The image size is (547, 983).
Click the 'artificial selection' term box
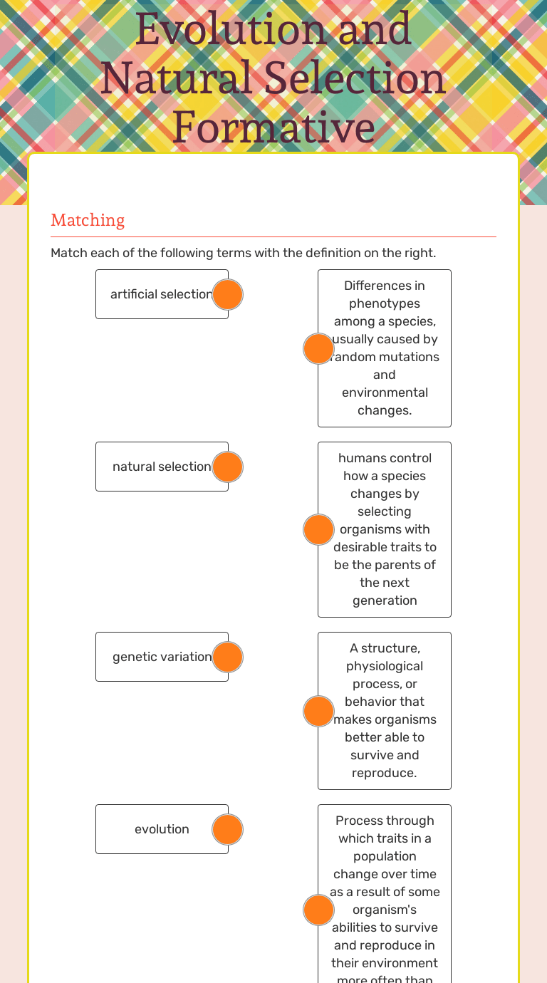pyautogui.click(x=157, y=294)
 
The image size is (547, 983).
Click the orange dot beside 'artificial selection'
pyautogui.click(x=228, y=294)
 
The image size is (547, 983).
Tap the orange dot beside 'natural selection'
pyautogui.click(x=228, y=467)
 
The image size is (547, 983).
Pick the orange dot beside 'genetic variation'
pyautogui.click(x=228, y=657)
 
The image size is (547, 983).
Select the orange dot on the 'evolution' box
pyautogui.click(x=228, y=829)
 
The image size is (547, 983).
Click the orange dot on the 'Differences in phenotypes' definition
pyautogui.click(x=318, y=348)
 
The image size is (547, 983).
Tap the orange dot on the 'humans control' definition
pyautogui.click(x=318, y=529)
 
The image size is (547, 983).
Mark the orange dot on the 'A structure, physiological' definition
pyautogui.click(x=318, y=711)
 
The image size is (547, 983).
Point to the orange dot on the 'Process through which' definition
pyautogui.click(x=318, y=910)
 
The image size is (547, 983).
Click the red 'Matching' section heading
pyautogui.click(x=88, y=220)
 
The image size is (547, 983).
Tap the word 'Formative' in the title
pyautogui.click(x=273, y=128)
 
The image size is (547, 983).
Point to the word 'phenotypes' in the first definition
pyautogui.click(x=385, y=303)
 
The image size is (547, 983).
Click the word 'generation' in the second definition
pyautogui.click(x=385, y=600)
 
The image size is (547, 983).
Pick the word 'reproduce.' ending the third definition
pyautogui.click(x=385, y=773)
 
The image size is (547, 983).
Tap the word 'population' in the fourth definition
pyautogui.click(x=385, y=856)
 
